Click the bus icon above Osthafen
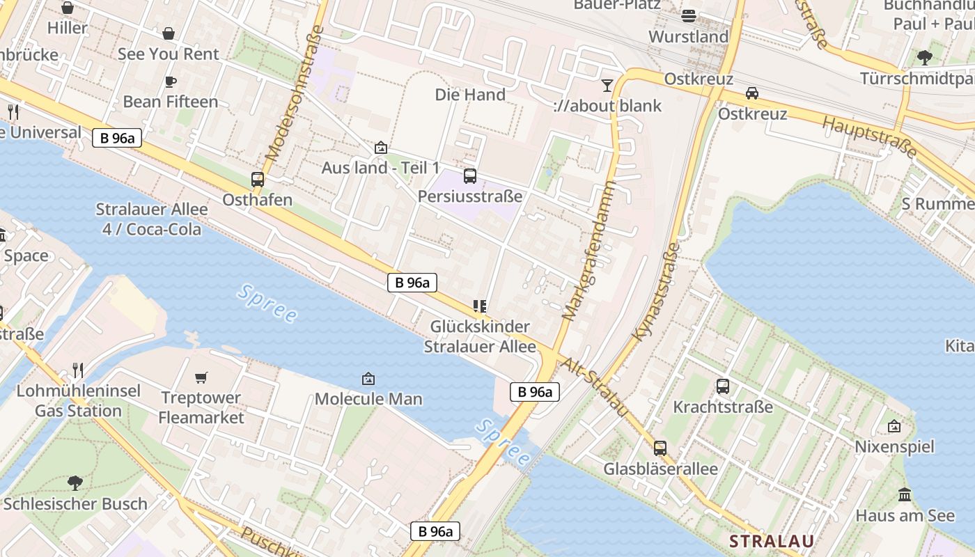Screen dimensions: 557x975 (x=258, y=180)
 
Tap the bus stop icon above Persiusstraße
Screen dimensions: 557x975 (x=470, y=176)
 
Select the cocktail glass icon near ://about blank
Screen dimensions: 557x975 (x=607, y=86)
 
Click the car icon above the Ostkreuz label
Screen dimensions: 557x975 (x=752, y=93)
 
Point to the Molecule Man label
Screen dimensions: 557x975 (x=368, y=399)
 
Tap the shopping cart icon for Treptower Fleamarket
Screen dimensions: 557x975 (x=201, y=377)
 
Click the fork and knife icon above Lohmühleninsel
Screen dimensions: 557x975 (x=78, y=370)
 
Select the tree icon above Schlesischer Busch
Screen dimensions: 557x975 (x=75, y=483)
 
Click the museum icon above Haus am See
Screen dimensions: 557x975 (x=905, y=495)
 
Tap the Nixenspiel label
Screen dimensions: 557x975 (x=894, y=446)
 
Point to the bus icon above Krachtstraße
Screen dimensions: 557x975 (x=723, y=386)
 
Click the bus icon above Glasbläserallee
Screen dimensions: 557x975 (x=660, y=448)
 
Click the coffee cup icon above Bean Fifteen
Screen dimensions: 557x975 (x=170, y=81)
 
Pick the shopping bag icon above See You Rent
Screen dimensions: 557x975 (x=169, y=33)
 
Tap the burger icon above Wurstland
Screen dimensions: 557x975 (x=689, y=15)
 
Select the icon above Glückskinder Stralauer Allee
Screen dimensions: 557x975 (x=479, y=306)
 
